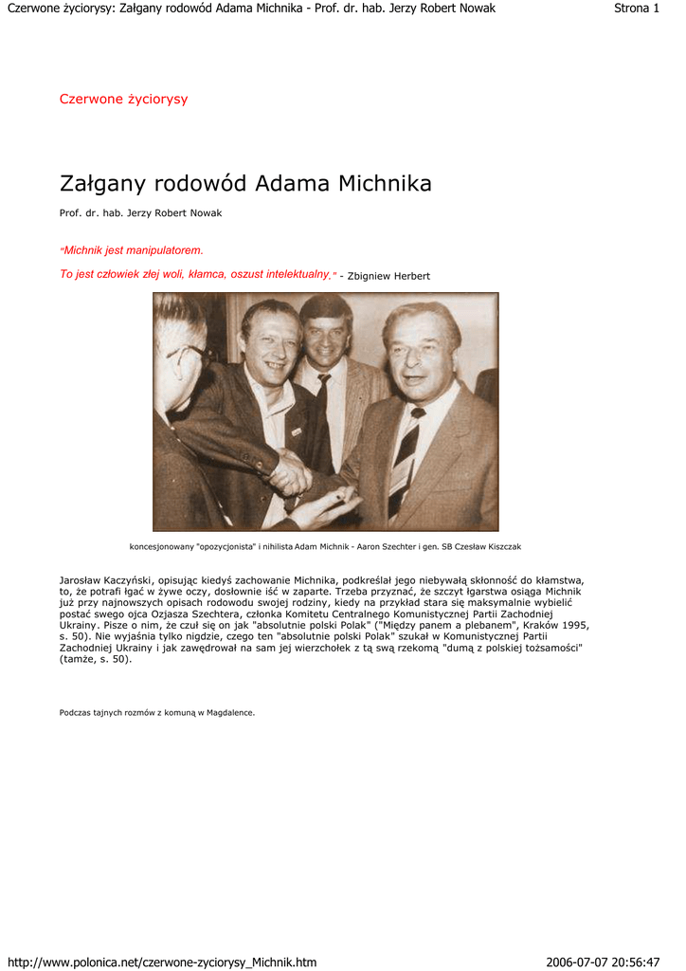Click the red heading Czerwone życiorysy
point(123,100)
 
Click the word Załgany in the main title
point(102,184)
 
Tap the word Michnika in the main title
point(378,183)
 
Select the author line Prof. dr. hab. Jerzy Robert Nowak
point(140,213)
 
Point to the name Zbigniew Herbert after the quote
point(388,276)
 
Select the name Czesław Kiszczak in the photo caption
point(483,547)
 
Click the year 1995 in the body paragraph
point(573,625)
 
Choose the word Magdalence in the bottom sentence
point(231,712)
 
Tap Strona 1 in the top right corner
point(637,9)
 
